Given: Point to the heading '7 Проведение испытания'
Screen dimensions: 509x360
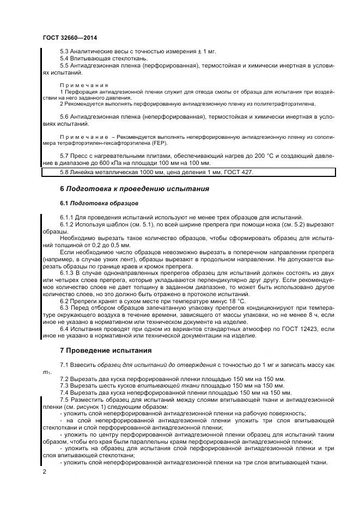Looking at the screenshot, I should [105, 349].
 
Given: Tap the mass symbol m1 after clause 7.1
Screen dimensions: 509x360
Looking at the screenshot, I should [46, 372].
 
